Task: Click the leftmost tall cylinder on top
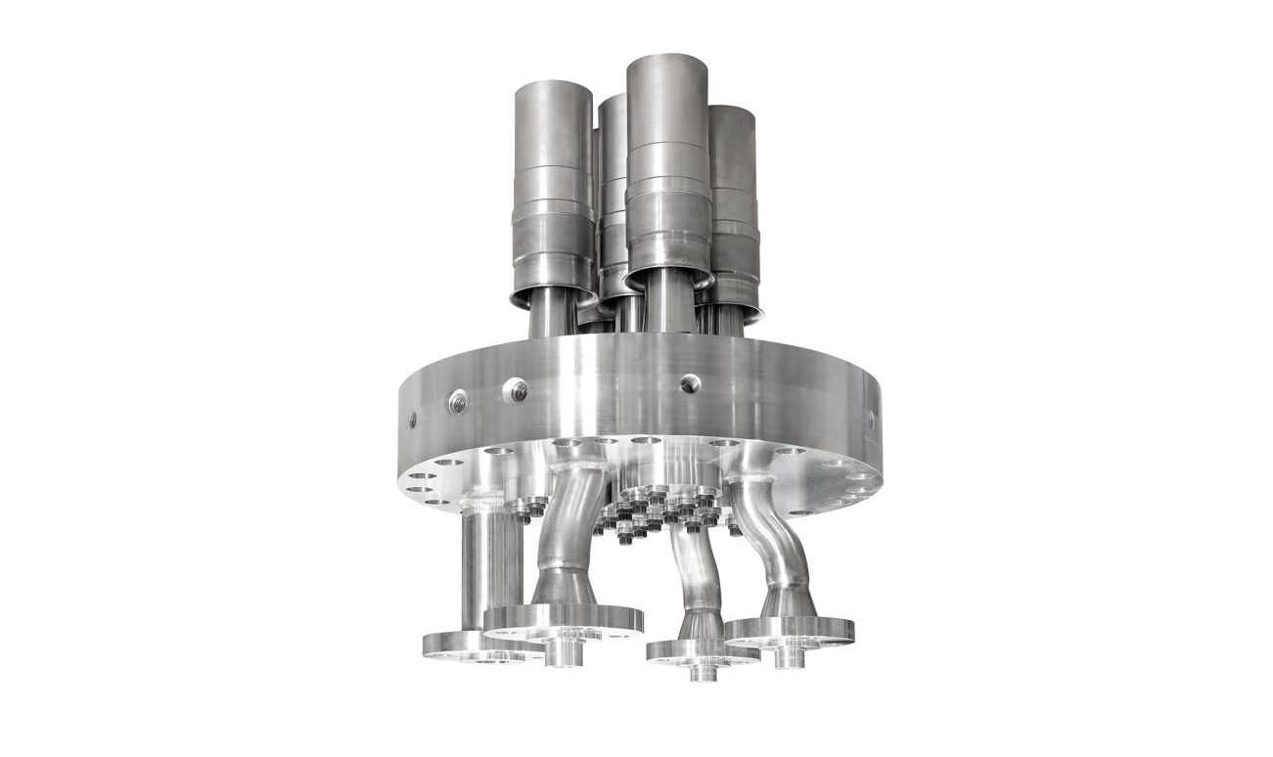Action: [x=553, y=186]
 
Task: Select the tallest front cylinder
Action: [x=667, y=166]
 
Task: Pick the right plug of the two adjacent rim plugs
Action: [x=516, y=391]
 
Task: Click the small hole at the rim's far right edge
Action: [x=870, y=420]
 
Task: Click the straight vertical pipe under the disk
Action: [x=488, y=567]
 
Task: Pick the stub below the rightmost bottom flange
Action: [x=783, y=656]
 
